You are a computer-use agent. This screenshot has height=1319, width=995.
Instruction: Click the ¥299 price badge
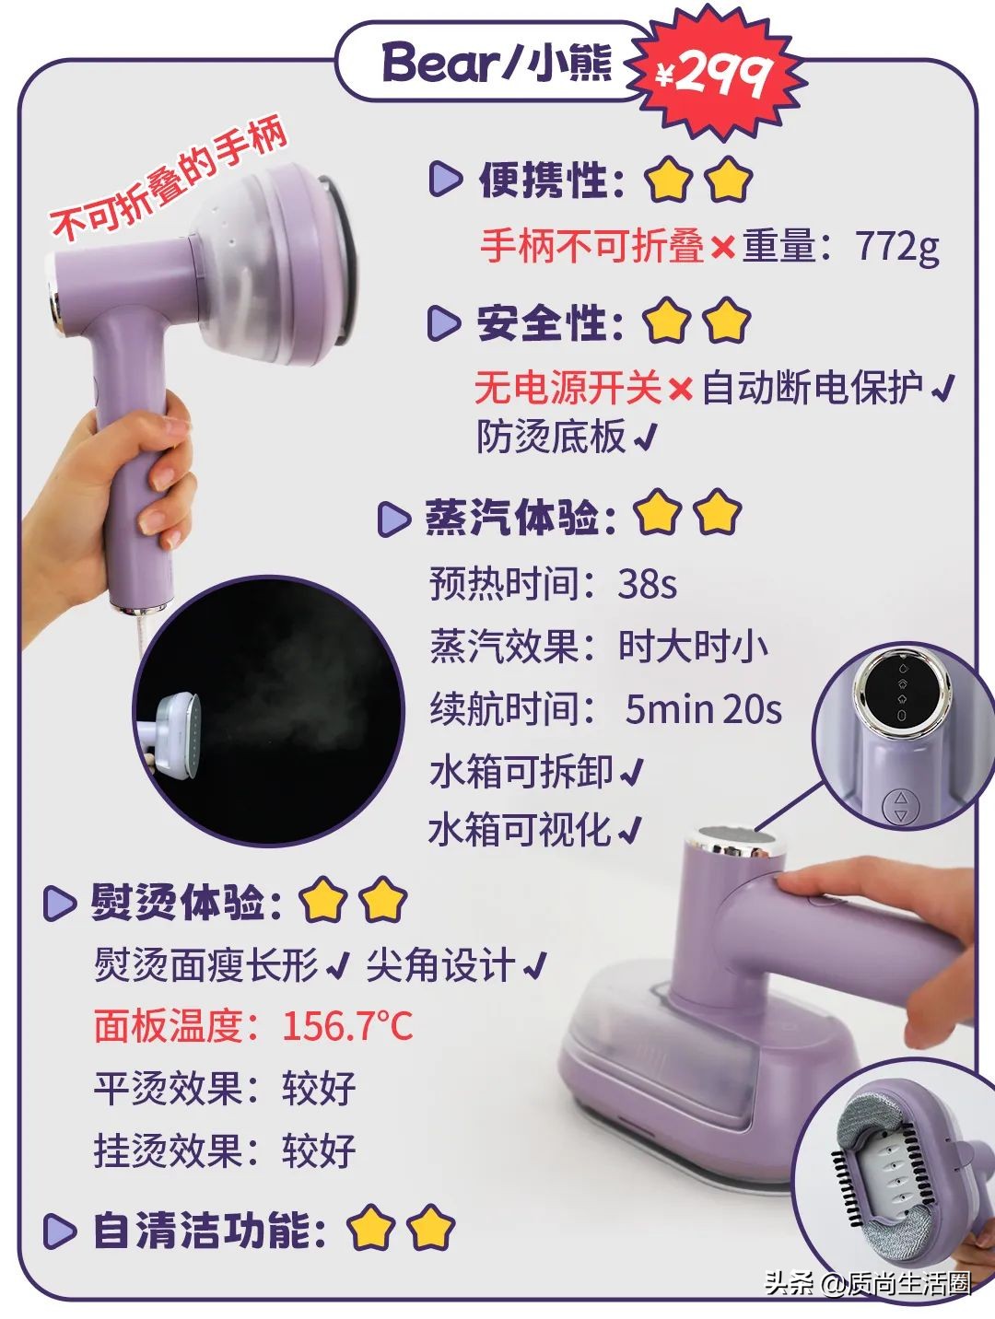click(713, 74)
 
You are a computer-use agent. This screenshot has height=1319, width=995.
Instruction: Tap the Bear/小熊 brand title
click(497, 63)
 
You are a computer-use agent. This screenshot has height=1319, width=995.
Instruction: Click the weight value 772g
click(896, 247)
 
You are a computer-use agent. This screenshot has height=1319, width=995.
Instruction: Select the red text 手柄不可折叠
click(592, 247)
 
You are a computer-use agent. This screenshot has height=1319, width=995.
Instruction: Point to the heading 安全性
click(549, 323)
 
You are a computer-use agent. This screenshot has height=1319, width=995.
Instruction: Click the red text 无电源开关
click(568, 389)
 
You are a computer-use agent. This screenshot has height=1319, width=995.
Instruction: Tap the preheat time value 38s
click(647, 584)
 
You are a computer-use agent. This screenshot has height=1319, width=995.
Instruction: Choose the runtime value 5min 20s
click(703, 709)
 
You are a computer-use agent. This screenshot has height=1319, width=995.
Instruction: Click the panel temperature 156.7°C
click(346, 1025)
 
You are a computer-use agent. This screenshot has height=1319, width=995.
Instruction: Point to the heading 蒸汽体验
click(521, 517)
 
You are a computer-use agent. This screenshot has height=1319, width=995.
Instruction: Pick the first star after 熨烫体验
click(322, 902)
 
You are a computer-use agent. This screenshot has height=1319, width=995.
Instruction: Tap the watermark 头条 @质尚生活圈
click(867, 1284)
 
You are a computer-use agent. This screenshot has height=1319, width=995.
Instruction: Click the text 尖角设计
click(439, 965)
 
